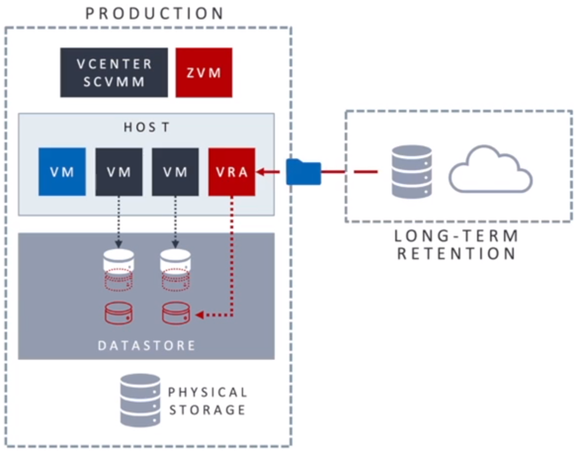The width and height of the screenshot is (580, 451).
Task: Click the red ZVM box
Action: coord(204,72)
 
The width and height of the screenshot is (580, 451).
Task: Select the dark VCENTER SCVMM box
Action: coord(114,72)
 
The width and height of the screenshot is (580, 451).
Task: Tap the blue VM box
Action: coord(62,172)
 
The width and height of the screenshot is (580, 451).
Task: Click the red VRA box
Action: coord(231,172)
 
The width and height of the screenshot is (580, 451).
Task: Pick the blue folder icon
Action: coord(303,171)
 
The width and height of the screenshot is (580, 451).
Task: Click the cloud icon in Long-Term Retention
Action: coord(490,169)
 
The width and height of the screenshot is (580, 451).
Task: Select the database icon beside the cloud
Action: coord(412,171)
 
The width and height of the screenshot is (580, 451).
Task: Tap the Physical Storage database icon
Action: coord(140,401)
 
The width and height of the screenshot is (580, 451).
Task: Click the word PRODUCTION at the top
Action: coord(154,13)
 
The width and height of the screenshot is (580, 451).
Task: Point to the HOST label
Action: coord(146,127)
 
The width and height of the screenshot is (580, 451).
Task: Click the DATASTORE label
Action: coord(146,345)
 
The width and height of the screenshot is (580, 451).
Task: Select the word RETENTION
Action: coord(456,253)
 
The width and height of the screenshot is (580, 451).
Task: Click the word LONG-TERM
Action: coord(456,235)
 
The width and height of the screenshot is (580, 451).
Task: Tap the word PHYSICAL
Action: coord(207,392)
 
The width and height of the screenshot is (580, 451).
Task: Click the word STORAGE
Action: coord(207,409)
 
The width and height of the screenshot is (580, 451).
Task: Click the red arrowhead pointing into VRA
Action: coord(261,172)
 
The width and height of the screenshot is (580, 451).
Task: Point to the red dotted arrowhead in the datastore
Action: coord(200,316)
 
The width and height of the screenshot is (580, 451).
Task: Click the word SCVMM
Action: coord(114,81)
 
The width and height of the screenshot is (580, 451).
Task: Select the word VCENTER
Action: coord(114,63)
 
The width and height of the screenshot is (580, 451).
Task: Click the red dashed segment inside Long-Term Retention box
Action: coord(366,171)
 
